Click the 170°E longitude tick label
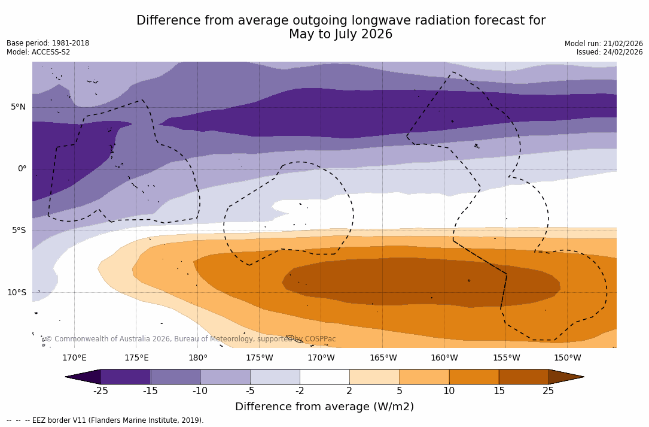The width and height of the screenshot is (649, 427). tap(74, 358)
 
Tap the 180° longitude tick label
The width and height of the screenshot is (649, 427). tap(198, 358)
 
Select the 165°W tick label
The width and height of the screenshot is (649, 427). tap(383, 358)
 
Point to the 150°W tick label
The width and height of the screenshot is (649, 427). tap(567, 358)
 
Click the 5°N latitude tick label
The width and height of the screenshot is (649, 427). tap(19, 107)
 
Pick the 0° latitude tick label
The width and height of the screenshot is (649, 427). tap(22, 169)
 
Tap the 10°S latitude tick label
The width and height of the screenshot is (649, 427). tap(17, 293)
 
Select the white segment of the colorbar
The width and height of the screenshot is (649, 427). tap(324, 377)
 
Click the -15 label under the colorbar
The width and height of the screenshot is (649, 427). tap(150, 391)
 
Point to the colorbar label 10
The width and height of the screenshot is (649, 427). tap(449, 391)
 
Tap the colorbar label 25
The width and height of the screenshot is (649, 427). tap(548, 391)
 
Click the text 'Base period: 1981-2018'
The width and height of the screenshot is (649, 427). tap(48, 43)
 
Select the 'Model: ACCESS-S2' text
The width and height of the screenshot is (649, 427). tap(38, 52)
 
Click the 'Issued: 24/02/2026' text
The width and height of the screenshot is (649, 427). tap(610, 52)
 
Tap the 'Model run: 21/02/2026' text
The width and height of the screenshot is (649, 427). tap(604, 44)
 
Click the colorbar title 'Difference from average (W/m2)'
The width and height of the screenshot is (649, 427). tap(324, 407)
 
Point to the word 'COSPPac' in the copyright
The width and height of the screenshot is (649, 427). tap(321, 339)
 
